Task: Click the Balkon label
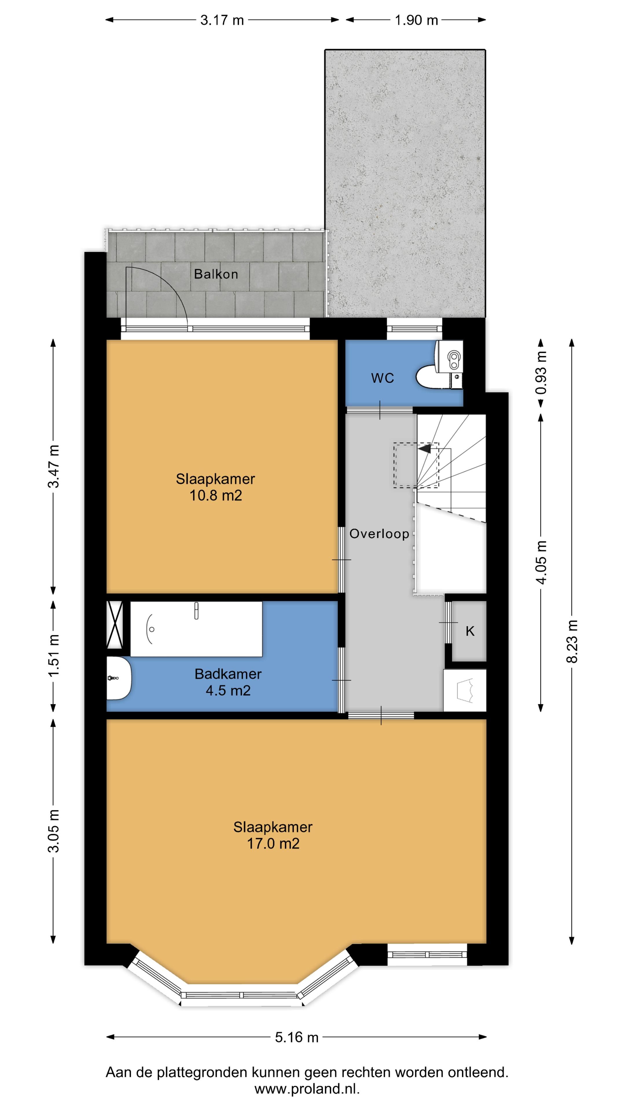pyautogui.click(x=216, y=274)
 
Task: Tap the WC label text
pyautogui.click(x=383, y=378)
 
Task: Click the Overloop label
pyautogui.click(x=379, y=534)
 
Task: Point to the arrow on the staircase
pyautogui.click(x=424, y=449)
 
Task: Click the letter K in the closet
pyautogui.click(x=470, y=631)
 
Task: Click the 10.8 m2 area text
pyautogui.click(x=216, y=496)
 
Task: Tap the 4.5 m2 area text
pyautogui.click(x=228, y=691)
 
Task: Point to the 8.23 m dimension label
pyautogui.click(x=572, y=641)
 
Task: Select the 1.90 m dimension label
pyautogui.click(x=416, y=20)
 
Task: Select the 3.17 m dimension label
pyautogui.click(x=222, y=20)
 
